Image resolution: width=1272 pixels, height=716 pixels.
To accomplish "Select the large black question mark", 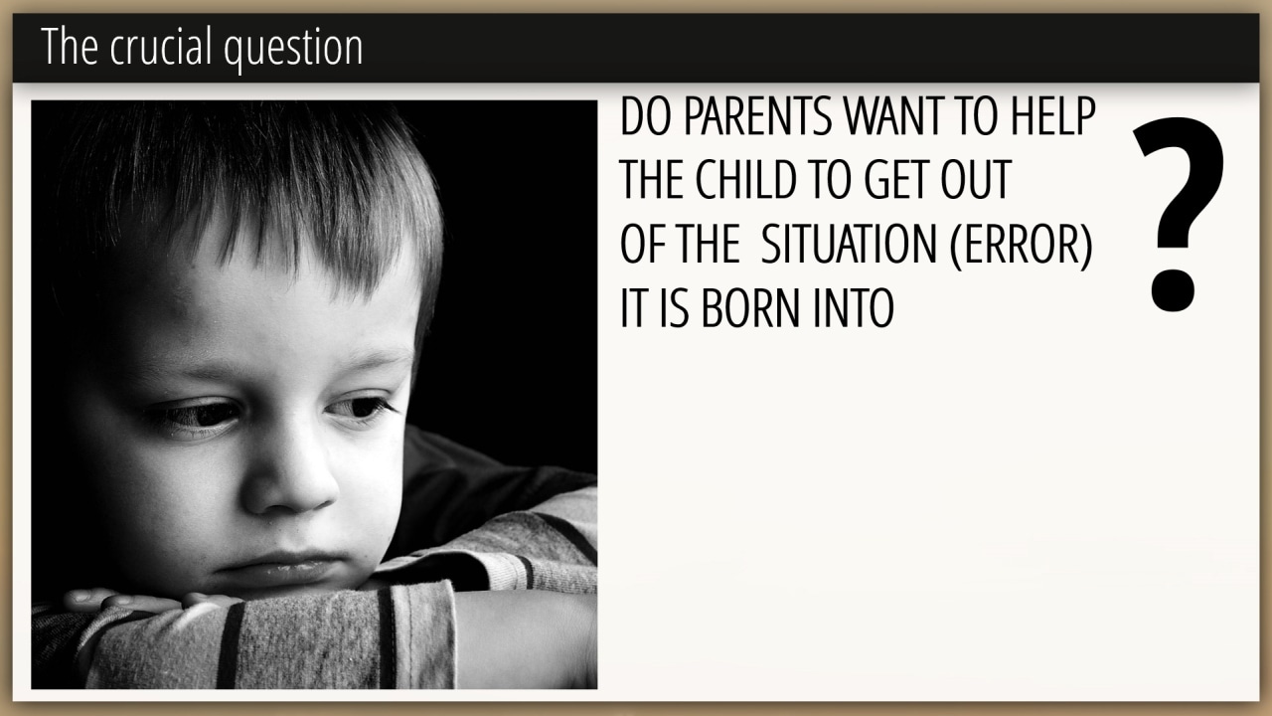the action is (1178, 215).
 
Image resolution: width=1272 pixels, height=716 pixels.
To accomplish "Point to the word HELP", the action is (1053, 116).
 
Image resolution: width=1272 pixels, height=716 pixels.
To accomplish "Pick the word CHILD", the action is (745, 180).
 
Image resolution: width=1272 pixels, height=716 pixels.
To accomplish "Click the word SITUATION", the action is (849, 245).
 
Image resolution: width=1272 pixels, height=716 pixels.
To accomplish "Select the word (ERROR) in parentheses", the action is (1021, 246).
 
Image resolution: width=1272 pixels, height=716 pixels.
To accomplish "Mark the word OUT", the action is (976, 180).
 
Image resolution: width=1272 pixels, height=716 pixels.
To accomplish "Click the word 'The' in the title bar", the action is (70, 47).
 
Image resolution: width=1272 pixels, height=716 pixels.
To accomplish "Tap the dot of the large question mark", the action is (1174, 290).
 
